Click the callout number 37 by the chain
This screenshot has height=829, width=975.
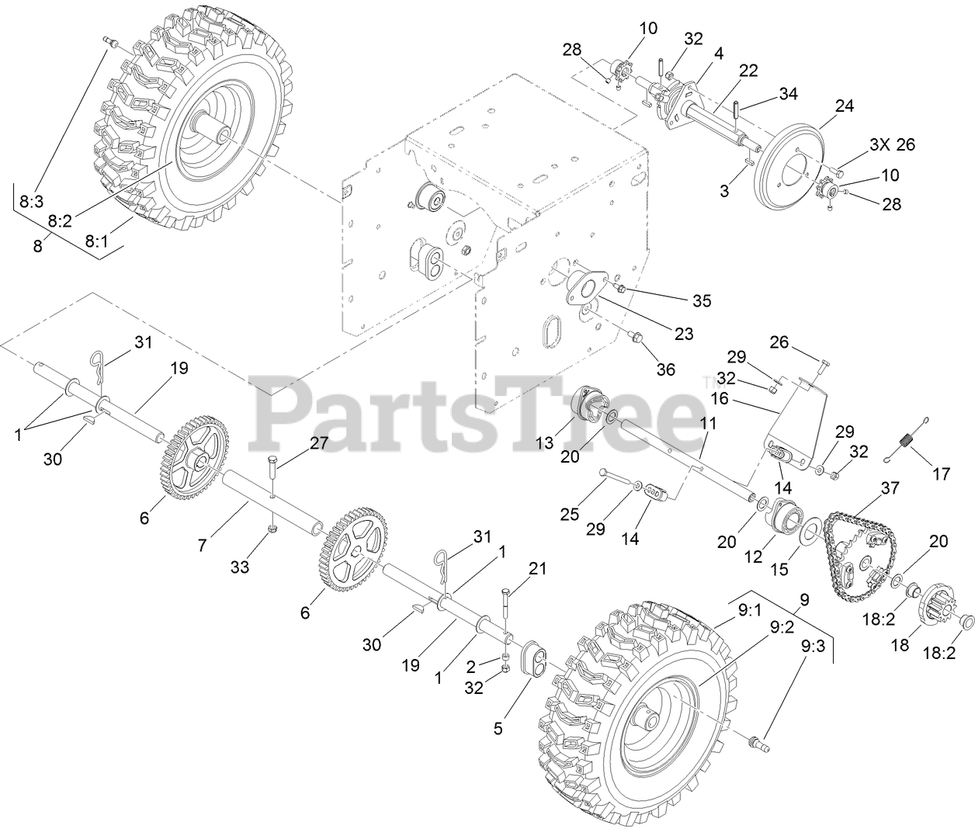pyautogui.click(x=890, y=488)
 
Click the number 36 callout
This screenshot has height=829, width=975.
pyautogui.click(x=665, y=369)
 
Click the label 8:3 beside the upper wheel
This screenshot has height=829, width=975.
pyautogui.click(x=31, y=202)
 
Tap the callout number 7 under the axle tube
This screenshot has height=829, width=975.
pyautogui.click(x=202, y=546)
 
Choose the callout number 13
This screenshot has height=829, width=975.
pyautogui.click(x=545, y=442)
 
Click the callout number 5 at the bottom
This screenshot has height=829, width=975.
pyautogui.click(x=498, y=728)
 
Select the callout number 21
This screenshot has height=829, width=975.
pyautogui.click(x=537, y=569)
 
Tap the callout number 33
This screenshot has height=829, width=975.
pyautogui.click(x=240, y=567)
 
